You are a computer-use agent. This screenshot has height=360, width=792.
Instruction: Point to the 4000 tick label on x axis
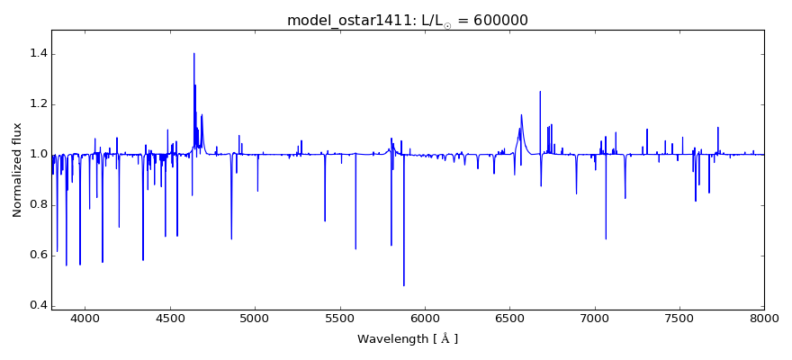(x=85, y=318)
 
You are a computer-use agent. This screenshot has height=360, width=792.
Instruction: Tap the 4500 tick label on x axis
(x=170, y=318)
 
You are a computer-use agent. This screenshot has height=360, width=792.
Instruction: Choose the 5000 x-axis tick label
(x=255, y=318)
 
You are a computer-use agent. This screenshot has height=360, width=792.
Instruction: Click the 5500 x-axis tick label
(x=339, y=318)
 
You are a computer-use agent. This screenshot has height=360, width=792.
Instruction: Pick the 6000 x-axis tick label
(x=425, y=318)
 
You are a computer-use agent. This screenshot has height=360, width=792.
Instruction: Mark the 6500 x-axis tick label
(x=509, y=318)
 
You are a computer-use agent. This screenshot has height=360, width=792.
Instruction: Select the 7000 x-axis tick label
(x=594, y=318)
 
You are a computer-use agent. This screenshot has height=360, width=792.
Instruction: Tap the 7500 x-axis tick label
(x=679, y=318)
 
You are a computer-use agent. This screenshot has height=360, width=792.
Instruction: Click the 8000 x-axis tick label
(x=764, y=318)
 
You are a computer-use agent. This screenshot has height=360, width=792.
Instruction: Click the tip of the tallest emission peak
(x=193, y=53)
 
